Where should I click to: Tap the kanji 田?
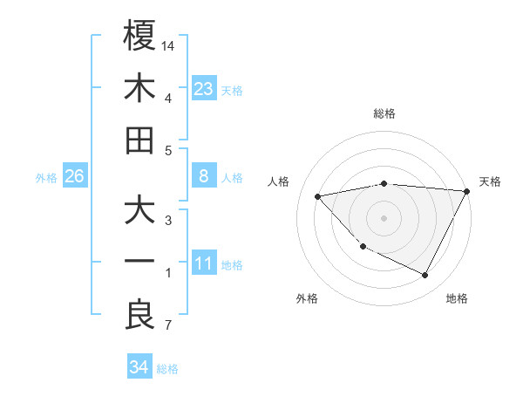139,140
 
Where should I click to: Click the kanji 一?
139,263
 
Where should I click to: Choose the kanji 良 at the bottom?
139,315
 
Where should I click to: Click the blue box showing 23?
204,88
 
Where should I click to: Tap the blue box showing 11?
204,264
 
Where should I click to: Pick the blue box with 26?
75,177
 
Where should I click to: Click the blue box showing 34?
139,367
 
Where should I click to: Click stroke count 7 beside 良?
167,326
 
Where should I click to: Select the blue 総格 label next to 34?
167,369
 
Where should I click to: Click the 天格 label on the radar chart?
490,181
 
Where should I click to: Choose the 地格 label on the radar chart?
457,298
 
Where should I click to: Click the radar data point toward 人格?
318,196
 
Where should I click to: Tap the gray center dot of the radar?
384,217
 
